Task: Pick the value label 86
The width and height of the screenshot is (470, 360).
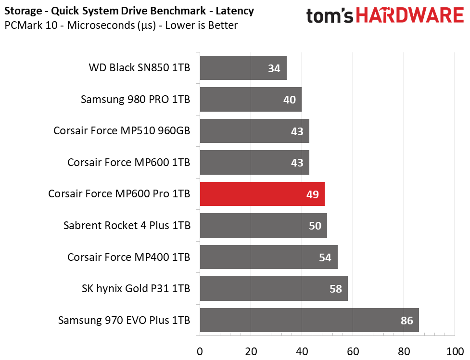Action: (406, 320)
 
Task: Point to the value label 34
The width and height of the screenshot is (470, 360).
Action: (274, 68)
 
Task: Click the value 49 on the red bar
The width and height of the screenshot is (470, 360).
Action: (312, 194)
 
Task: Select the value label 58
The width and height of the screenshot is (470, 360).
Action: (335, 289)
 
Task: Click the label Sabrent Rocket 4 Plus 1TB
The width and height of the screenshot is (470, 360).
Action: (127, 226)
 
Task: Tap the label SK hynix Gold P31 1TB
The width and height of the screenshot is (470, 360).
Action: (136, 289)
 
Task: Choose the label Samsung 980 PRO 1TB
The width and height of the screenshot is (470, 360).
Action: (135, 100)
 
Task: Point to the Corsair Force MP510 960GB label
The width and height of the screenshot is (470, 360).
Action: (122, 131)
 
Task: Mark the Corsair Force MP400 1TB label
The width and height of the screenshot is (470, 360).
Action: (128, 257)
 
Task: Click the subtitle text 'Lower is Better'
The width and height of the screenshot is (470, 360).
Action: (201, 25)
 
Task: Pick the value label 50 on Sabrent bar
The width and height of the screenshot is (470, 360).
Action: (315, 226)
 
